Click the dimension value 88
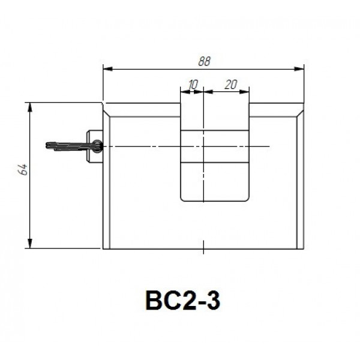[x=204, y=61]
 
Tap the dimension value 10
[x=193, y=85]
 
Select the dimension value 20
[x=231, y=84]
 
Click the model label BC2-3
[x=183, y=301]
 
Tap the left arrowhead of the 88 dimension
[x=107, y=68]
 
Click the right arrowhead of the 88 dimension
[x=299, y=68]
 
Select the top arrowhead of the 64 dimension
[x=30, y=107]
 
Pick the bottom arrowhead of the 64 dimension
[x=30, y=244]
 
